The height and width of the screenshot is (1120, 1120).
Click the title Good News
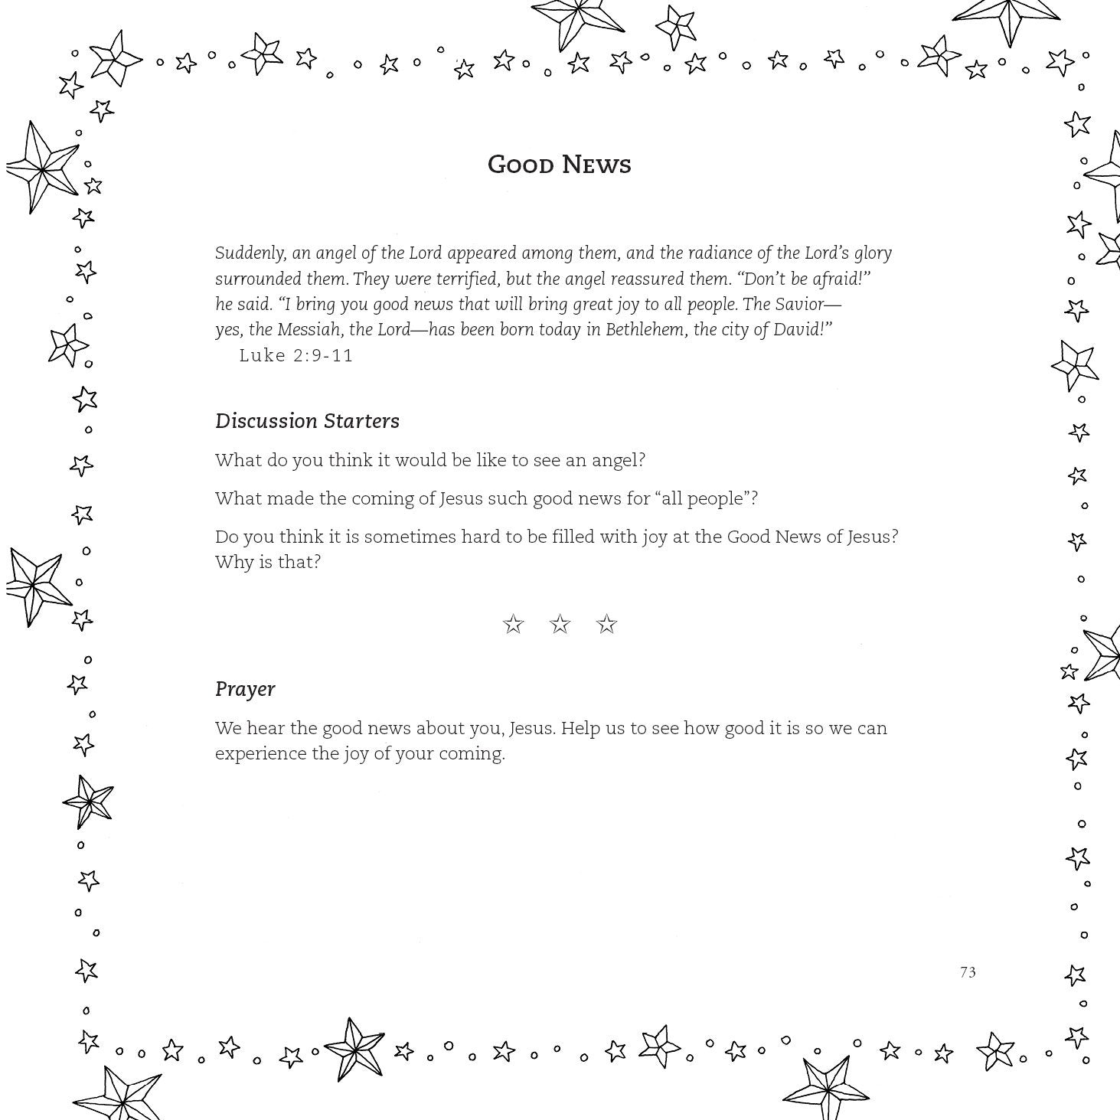[x=559, y=165]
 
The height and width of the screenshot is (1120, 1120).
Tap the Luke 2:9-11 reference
[x=296, y=355]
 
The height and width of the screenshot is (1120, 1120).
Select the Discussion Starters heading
[x=307, y=421]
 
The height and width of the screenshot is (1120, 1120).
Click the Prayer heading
[x=245, y=689]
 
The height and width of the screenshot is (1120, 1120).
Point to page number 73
[x=968, y=972]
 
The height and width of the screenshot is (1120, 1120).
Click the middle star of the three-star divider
[x=560, y=625]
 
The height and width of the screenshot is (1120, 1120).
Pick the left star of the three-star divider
[x=513, y=625]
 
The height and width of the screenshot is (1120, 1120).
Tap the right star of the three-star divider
[x=607, y=625]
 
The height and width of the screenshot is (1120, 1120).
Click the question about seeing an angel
[x=430, y=460]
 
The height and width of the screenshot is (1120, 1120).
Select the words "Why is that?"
[x=268, y=562]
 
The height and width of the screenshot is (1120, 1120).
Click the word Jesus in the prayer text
[x=531, y=728]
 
